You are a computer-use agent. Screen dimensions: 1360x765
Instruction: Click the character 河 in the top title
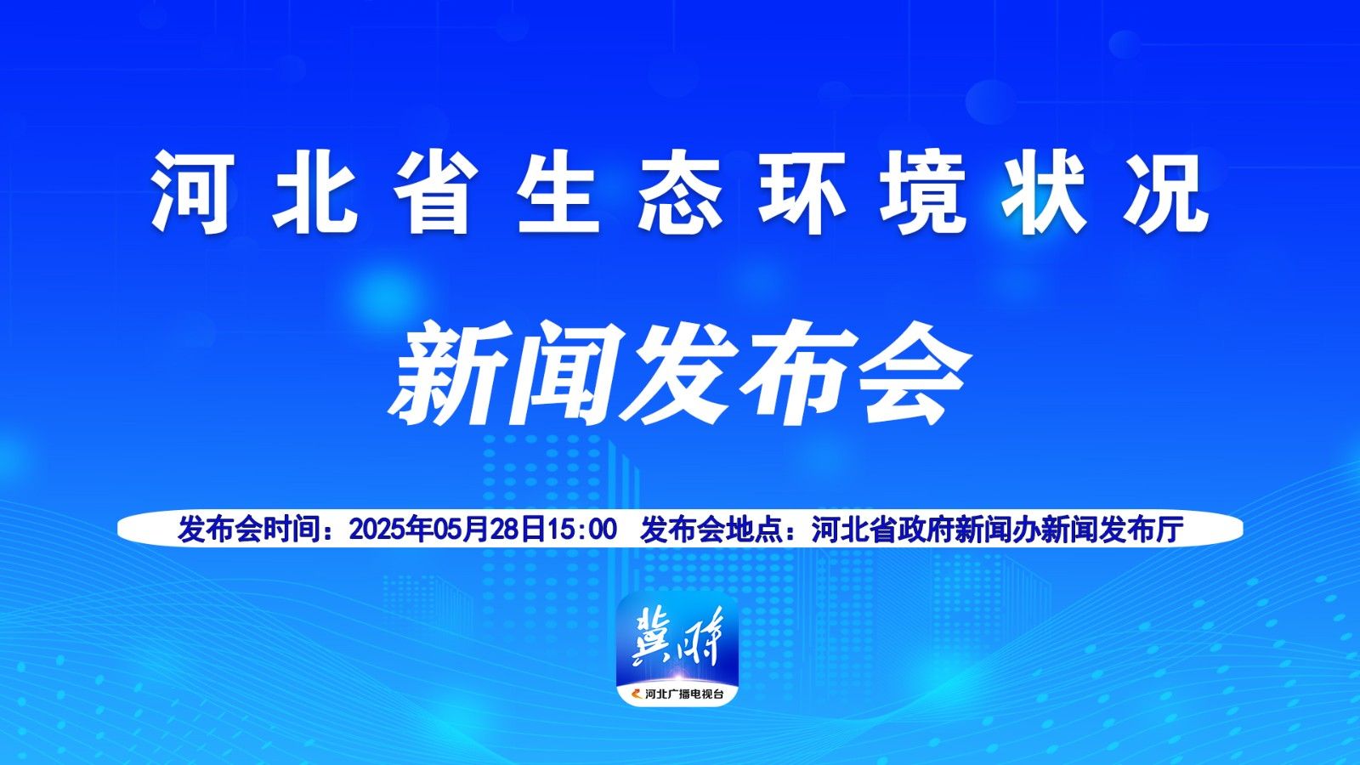[192, 192]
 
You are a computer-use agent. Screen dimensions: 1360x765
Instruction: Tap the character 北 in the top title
[314, 192]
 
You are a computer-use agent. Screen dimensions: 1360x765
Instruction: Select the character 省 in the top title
[434, 192]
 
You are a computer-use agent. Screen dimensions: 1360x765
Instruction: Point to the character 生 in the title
[558, 192]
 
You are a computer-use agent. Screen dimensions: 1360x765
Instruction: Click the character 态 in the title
[680, 192]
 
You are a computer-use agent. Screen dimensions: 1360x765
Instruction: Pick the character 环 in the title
[802, 192]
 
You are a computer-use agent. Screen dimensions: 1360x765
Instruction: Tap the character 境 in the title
[923, 192]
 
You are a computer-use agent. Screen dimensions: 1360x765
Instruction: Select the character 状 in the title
[1045, 192]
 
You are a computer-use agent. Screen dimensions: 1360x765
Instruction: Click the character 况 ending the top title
[1166, 192]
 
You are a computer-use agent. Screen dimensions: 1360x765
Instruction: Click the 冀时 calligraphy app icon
[677, 649]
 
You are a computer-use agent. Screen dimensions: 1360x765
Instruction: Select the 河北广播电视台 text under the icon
[683, 694]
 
